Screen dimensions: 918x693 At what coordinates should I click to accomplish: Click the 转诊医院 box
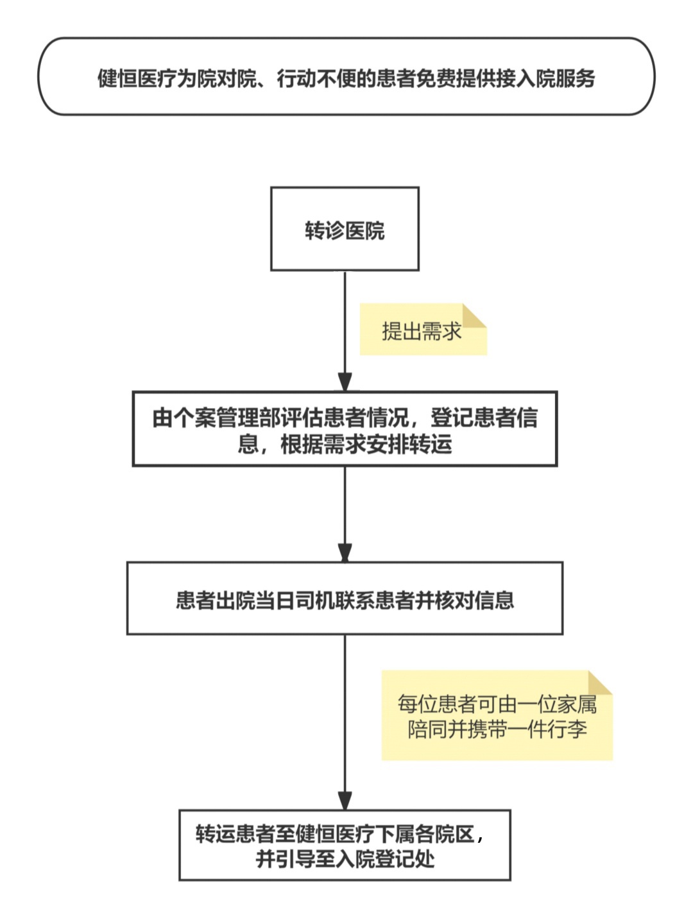point(345,229)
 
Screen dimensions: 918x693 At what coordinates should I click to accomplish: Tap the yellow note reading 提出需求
point(422,330)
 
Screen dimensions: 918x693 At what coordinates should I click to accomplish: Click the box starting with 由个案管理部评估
point(345,429)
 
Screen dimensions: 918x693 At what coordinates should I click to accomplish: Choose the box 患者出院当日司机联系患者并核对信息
point(345,599)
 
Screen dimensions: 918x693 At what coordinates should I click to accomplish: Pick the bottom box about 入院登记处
point(345,845)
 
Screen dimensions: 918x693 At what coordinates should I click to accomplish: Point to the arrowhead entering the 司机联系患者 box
point(345,552)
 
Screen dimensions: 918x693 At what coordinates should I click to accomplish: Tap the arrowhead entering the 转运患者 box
point(345,800)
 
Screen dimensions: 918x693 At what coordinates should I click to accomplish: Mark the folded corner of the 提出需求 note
point(475,315)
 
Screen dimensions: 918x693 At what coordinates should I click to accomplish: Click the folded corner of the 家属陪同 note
point(601,683)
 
